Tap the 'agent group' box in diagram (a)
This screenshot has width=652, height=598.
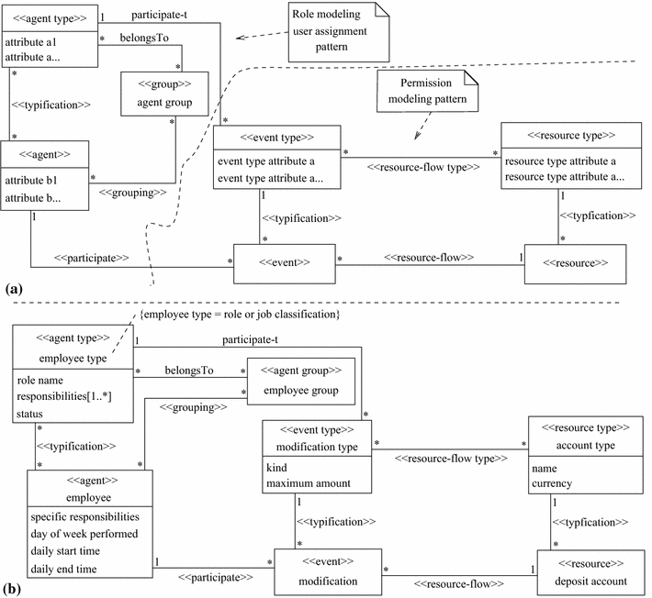pyautogui.click(x=163, y=94)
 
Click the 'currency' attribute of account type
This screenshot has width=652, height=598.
pyautogui.click(x=551, y=483)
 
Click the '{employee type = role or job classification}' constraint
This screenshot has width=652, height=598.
pyautogui.click(x=241, y=315)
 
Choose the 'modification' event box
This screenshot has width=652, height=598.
pyautogui.click(x=328, y=570)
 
